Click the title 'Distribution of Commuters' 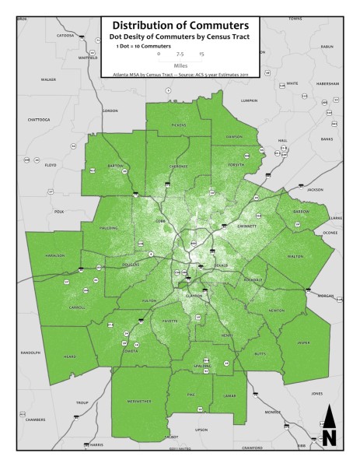click(180, 25)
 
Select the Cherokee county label click(179, 166)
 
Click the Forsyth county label click(236, 165)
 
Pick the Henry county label click(226, 335)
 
